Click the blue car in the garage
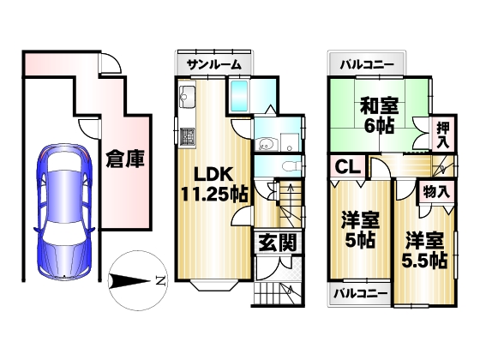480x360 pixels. [64, 212]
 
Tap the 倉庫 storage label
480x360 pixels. [125, 159]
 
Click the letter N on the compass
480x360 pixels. [160, 280]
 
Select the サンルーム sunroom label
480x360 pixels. [214, 64]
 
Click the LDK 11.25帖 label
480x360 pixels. [214, 184]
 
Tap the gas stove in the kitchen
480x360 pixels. [187, 137]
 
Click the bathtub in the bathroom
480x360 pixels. [239, 96]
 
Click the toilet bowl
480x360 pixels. [290, 167]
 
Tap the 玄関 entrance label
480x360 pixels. [278, 243]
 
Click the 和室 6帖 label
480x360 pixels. [379, 116]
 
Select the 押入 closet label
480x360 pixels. [442, 135]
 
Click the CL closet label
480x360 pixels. [347, 167]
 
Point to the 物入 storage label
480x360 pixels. [436, 193]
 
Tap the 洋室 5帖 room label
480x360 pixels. [360, 230]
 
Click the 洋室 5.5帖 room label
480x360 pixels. [424, 250]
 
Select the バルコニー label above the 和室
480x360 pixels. [367, 65]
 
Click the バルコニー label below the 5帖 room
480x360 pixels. [360, 294]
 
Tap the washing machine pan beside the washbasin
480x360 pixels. [290, 142]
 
